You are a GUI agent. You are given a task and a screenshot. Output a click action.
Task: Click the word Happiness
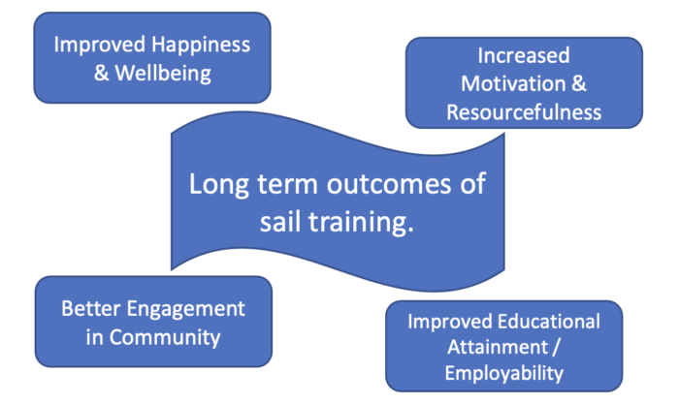(x=201, y=46)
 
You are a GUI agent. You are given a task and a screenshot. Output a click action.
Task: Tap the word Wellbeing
(x=163, y=73)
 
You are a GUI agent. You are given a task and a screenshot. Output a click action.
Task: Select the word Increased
(x=524, y=55)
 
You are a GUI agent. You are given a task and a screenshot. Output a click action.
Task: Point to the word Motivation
(x=513, y=83)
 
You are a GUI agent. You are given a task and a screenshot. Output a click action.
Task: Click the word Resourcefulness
(x=524, y=112)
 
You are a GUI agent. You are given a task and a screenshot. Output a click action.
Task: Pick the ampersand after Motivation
(x=579, y=83)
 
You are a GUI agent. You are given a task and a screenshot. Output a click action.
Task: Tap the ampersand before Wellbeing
(x=101, y=73)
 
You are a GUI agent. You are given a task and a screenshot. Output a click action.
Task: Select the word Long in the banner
(x=219, y=185)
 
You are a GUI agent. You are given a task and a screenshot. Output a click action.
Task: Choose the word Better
(x=91, y=309)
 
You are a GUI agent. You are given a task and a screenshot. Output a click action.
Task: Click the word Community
(x=165, y=337)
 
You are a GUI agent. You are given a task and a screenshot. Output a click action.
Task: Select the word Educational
(x=549, y=322)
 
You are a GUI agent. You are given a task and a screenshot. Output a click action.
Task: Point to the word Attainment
(x=498, y=347)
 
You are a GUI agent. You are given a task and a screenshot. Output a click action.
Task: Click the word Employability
(x=504, y=374)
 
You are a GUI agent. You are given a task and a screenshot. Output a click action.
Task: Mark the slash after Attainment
(x=556, y=348)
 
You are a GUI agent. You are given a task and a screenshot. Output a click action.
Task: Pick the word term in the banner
(x=288, y=184)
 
